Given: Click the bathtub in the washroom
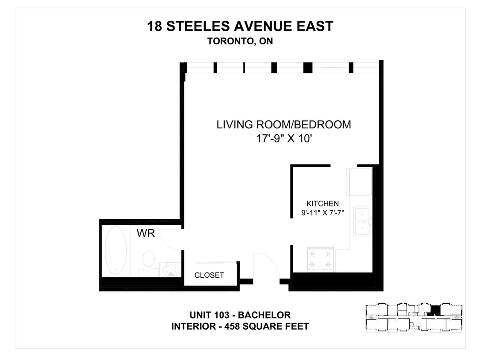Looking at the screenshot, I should (x=116, y=250).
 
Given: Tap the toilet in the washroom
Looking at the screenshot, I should (x=148, y=260).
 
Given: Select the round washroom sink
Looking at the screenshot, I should (x=171, y=269).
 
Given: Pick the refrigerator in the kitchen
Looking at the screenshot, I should (x=360, y=181).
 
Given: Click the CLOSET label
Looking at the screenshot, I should (x=209, y=275).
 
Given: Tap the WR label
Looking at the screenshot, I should (x=145, y=233).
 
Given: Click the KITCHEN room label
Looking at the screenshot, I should (x=323, y=203).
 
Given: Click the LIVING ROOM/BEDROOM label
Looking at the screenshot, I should (x=284, y=125).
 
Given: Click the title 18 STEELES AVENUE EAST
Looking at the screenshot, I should (x=240, y=26).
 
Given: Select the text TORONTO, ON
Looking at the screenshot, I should (x=240, y=42).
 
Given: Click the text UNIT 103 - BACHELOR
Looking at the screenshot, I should (x=240, y=315).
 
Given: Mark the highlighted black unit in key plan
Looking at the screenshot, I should (x=435, y=310).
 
